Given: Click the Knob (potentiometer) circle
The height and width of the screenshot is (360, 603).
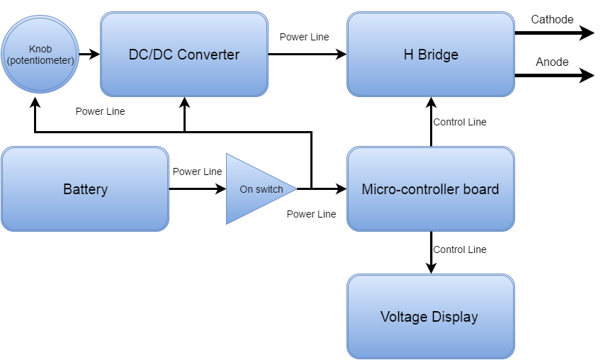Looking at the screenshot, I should (x=40, y=55).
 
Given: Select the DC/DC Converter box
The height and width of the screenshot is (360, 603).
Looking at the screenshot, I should (x=184, y=55).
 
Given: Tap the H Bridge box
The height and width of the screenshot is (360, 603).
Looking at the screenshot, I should (x=430, y=55).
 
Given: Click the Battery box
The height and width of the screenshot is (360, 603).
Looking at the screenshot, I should (x=85, y=189).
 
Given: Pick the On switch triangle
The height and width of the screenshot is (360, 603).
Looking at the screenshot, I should (x=255, y=189).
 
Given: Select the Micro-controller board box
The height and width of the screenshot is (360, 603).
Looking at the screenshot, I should (x=430, y=189).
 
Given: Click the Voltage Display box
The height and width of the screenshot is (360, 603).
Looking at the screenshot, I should (x=430, y=317).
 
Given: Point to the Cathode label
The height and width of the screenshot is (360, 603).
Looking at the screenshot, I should (x=553, y=20).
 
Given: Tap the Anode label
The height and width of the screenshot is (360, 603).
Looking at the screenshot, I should (x=552, y=62).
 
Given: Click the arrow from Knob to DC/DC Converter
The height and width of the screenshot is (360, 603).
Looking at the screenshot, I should (x=89, y=54).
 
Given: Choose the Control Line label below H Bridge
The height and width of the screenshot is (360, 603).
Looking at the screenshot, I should (x=460, y=122).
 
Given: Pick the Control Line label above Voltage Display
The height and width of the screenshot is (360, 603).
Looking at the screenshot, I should (x=460, y=249).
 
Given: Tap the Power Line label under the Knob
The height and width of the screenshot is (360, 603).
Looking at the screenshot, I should (x=100, y=111).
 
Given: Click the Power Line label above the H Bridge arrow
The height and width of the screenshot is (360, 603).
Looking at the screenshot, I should (x=304, y=37).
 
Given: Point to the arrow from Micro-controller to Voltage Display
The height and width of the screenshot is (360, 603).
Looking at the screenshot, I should (x=431, y=252).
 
